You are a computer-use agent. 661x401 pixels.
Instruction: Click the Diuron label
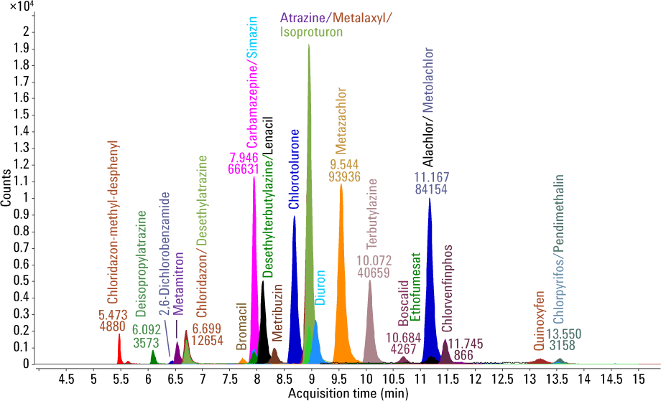click(x=320, y=288)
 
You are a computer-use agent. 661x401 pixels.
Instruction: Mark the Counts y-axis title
click(x=6, y=188)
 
